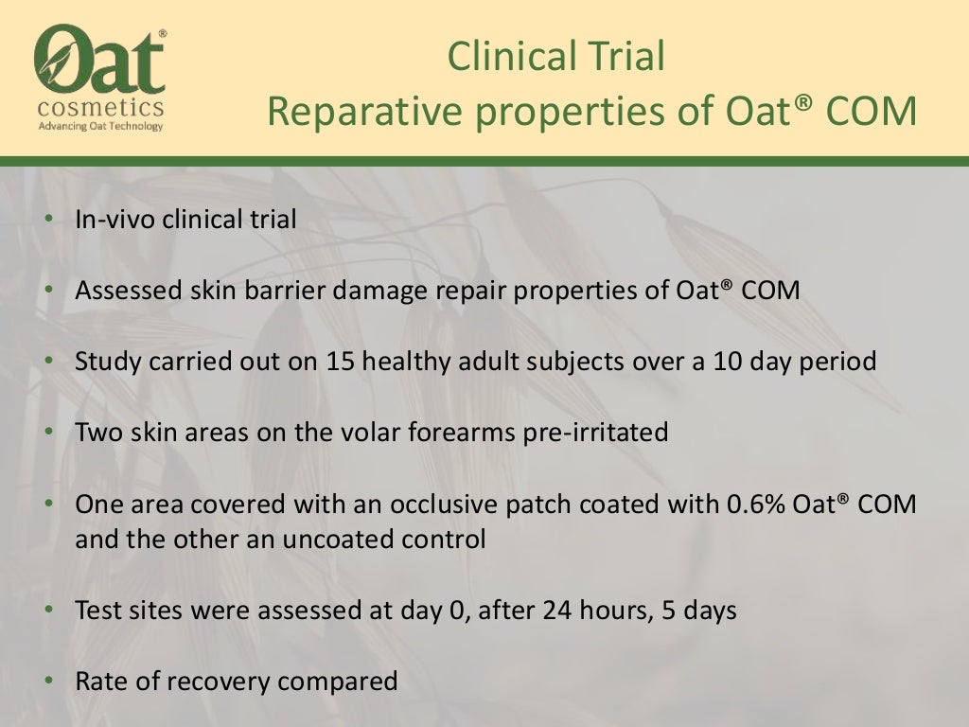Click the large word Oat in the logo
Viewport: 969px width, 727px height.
[99, 59]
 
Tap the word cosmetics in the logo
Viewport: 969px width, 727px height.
[100, 107]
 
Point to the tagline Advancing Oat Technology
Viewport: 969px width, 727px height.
[100, 126]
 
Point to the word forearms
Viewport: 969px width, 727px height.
[459, 433]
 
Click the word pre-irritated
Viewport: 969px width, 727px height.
[594, 433]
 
